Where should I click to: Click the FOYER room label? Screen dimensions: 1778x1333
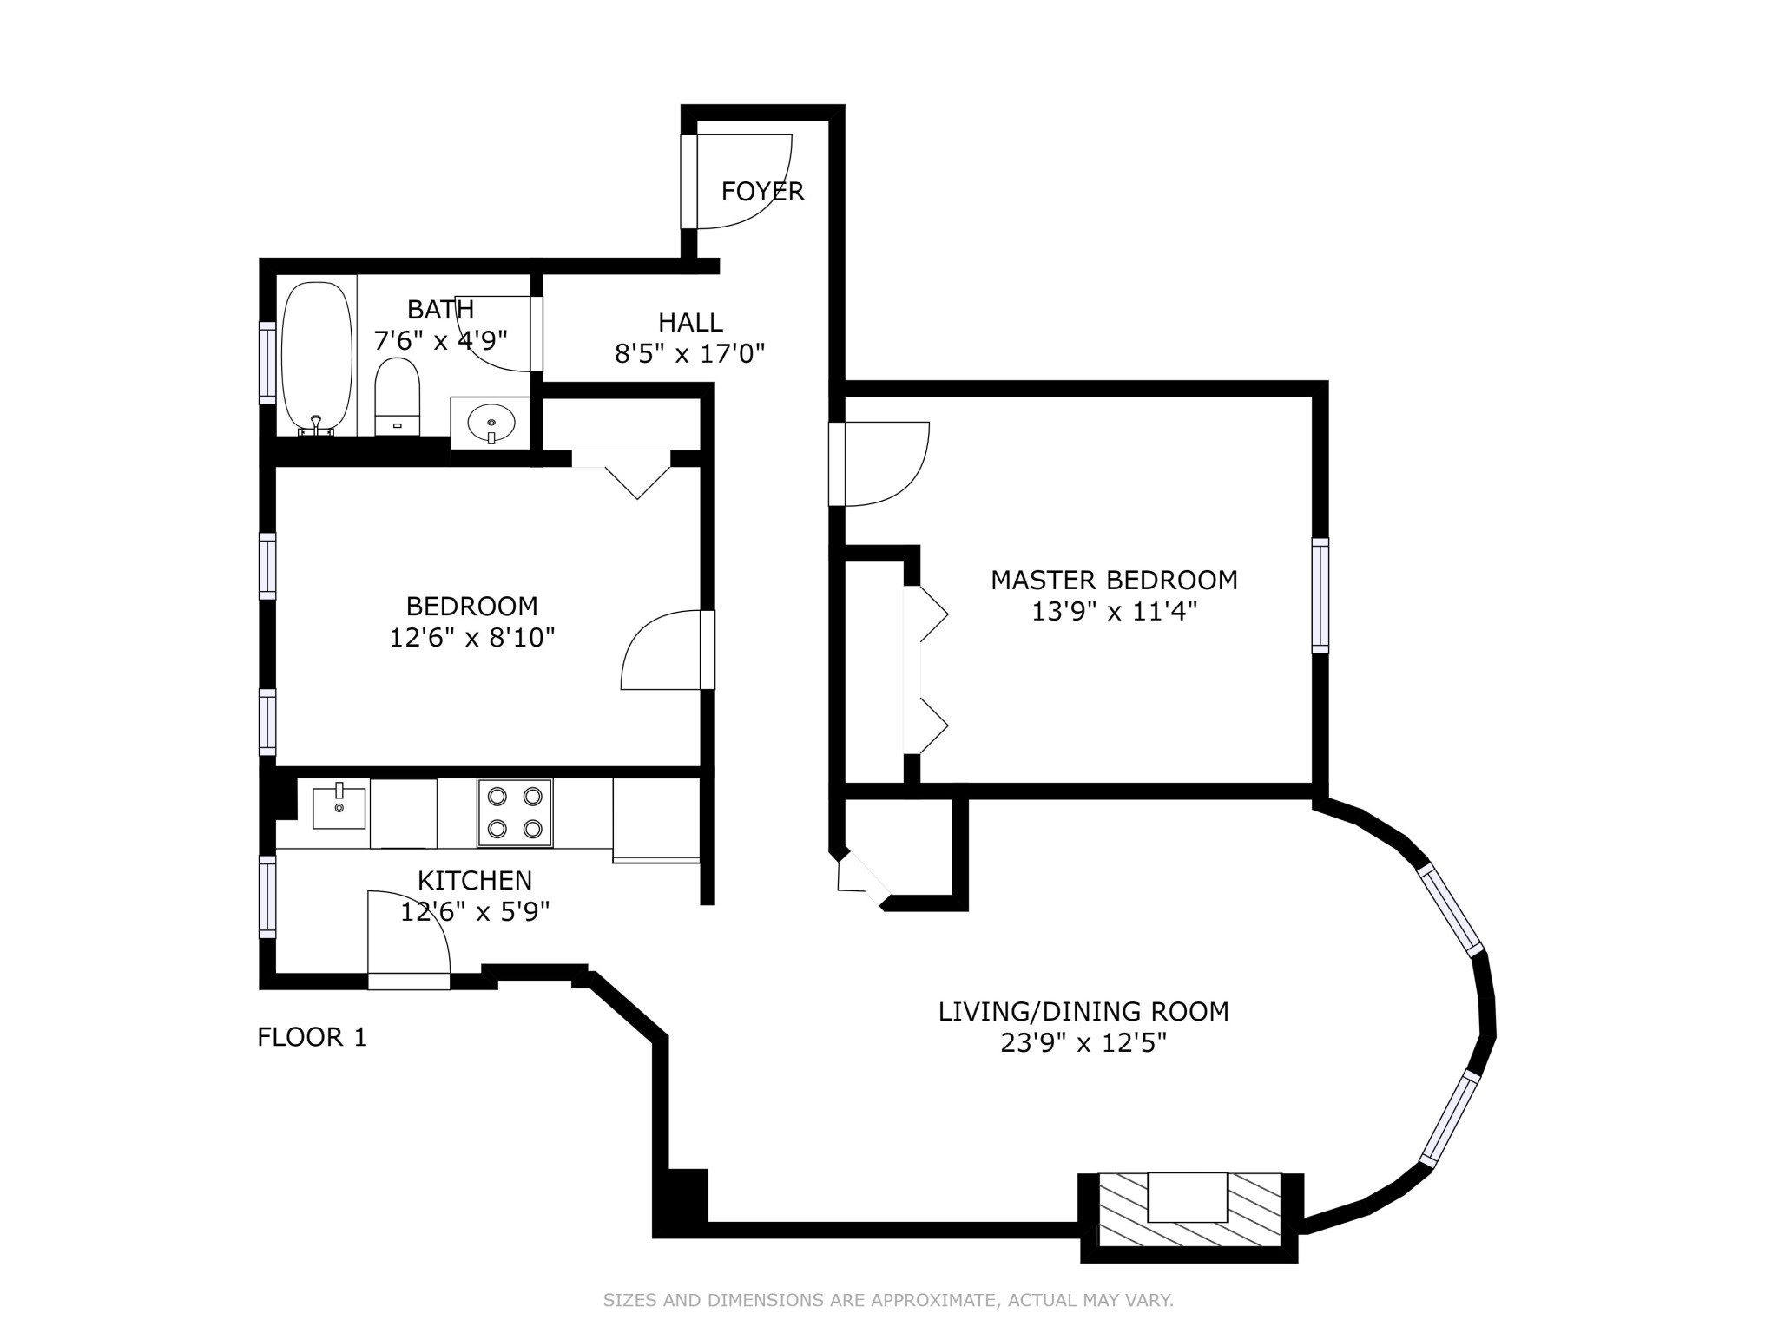(x=762, y=191)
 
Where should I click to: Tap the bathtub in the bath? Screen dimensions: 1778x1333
(x=317, y=356)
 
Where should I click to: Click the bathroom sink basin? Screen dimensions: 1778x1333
(x=491, y=423)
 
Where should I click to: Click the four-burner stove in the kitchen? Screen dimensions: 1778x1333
(x=514, y=812)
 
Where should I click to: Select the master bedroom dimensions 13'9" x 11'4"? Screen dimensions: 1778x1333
(x=1114, y=612)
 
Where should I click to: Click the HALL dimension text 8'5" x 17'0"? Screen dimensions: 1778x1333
(x=690, y=354)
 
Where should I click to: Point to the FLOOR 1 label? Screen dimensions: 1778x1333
(x=313, y=1037)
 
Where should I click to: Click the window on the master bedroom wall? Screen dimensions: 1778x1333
(x=1320, y=595)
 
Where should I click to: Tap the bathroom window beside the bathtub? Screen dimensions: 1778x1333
(x=267, y=362)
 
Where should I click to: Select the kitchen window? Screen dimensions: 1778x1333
(x=267, y=896)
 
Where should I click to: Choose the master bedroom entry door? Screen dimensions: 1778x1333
(x=879, y=463)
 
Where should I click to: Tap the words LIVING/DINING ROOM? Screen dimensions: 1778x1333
(x=1083, y=1011)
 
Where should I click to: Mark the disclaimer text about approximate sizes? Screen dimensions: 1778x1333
(x=888, y=1300)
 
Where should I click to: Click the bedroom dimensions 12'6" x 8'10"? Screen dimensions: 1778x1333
(x=471, y=638)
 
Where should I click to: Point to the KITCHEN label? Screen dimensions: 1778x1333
(x=474, y=880)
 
